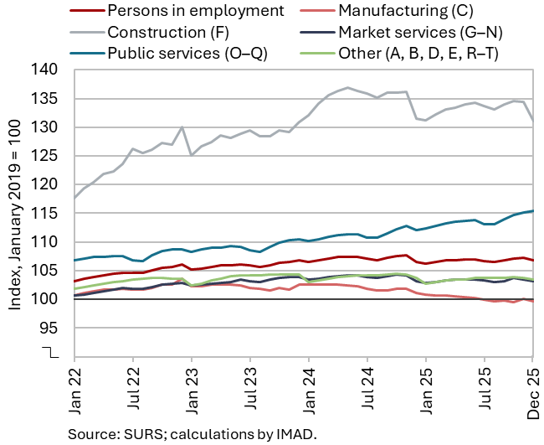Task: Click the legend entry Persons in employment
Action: [195, 11]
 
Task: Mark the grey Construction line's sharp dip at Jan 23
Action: [192, 155]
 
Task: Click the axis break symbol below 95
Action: [52, 352]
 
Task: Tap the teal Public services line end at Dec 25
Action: [533, 211]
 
